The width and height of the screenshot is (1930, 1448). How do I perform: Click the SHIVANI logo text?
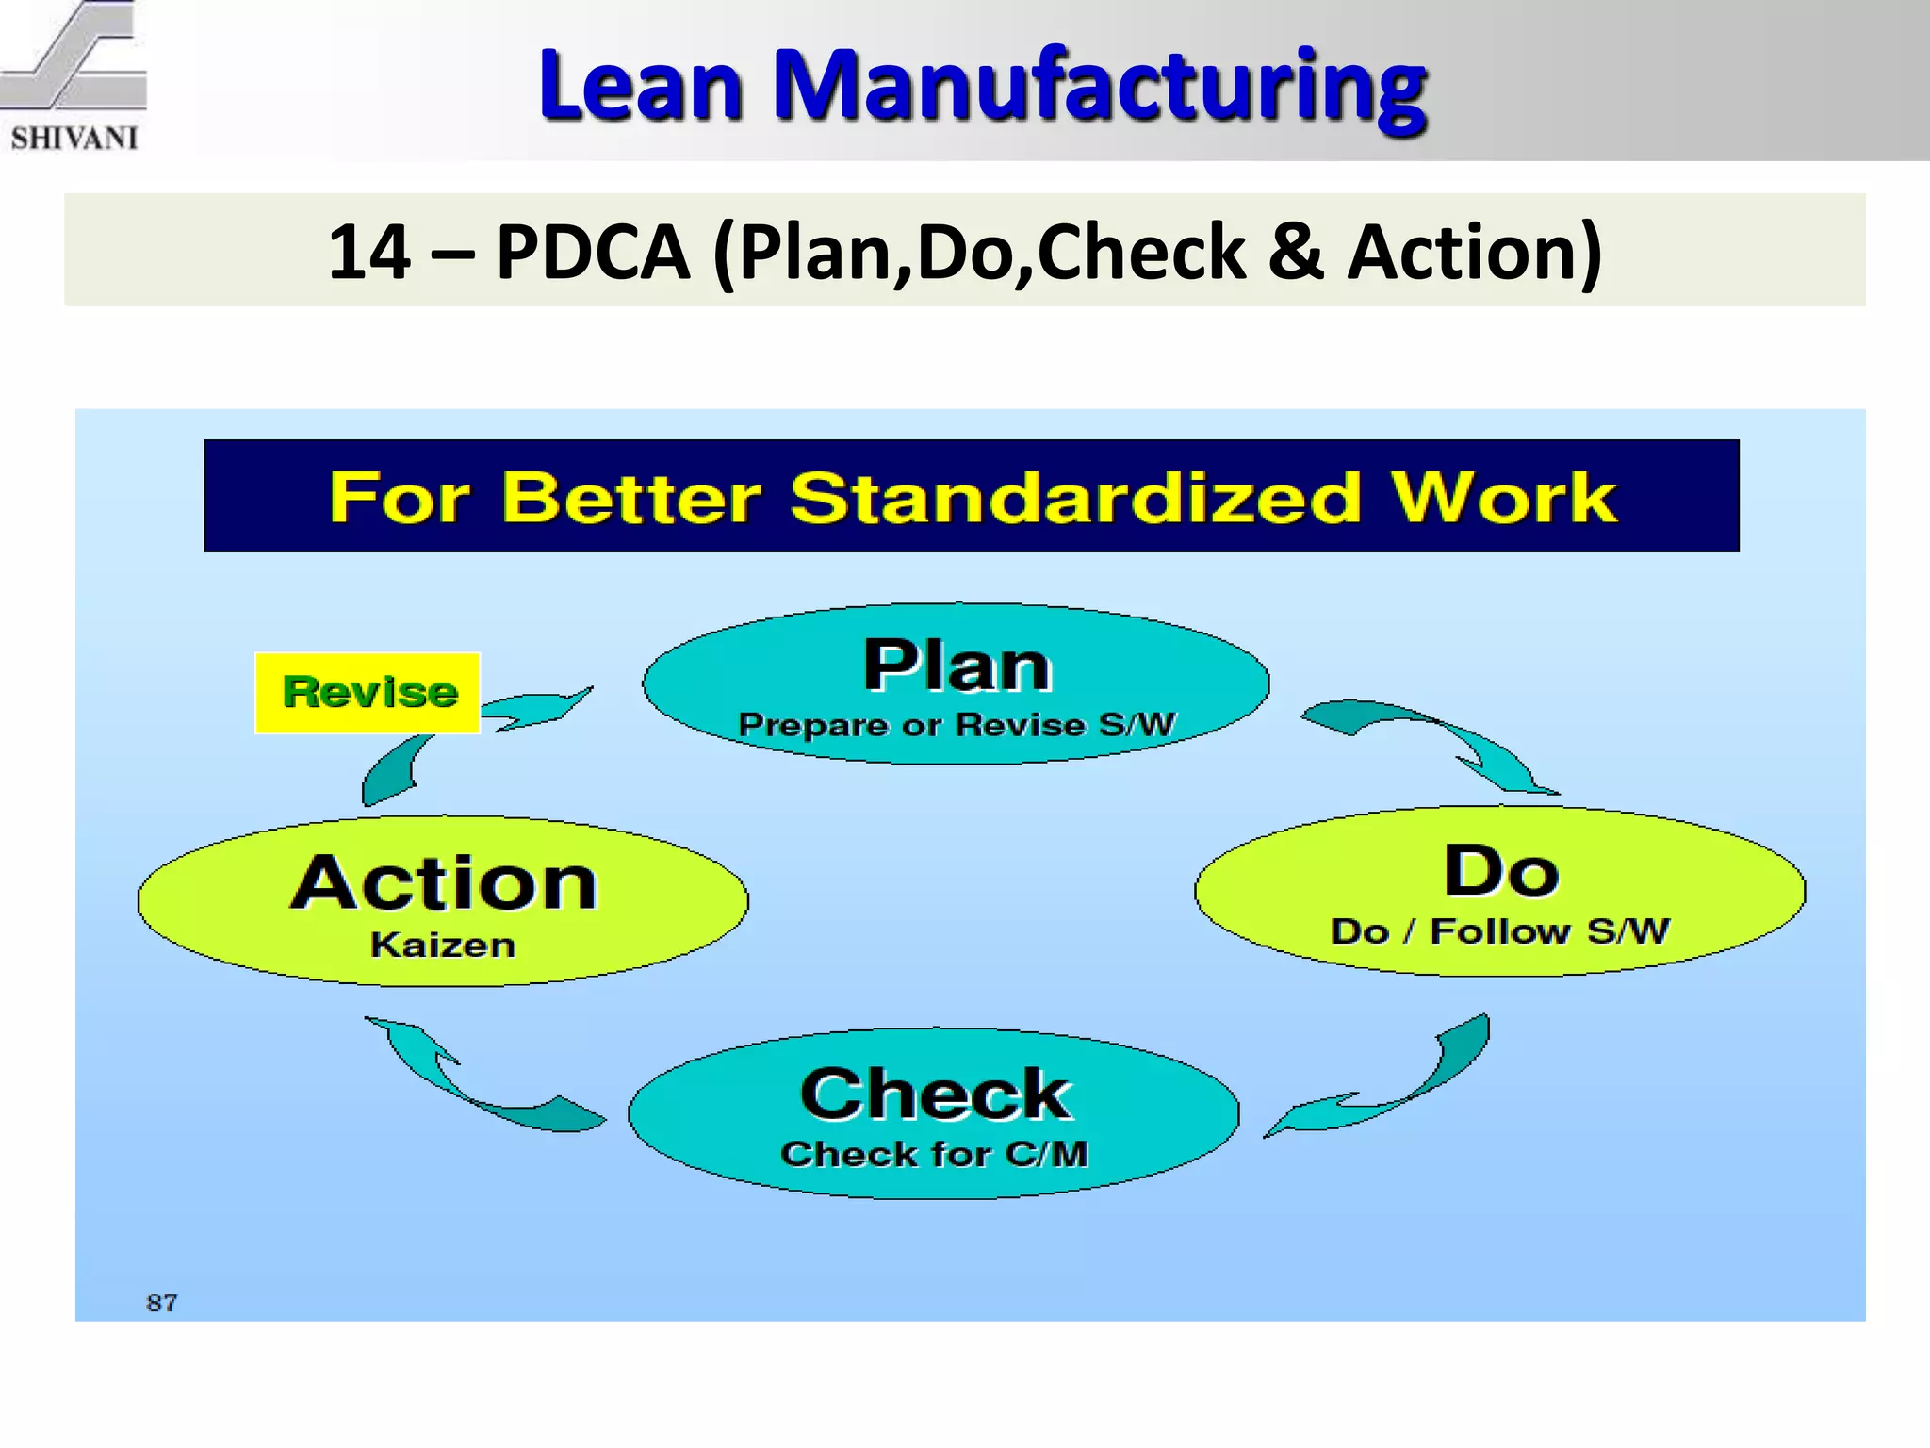click(x=74, y=139)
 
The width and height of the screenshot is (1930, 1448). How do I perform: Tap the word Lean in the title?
click(x=641, y=87)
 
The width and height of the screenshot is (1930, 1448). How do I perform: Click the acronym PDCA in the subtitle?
click(x=593, y=252)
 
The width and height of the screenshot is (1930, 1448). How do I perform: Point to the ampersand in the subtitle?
click(x=1296, y=252)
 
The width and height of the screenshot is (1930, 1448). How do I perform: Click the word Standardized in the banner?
click(x=1075, y=498)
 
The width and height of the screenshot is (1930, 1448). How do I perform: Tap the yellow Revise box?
click(x=368, y=693)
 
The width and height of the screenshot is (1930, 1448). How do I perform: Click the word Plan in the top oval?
click(x=957, y=666)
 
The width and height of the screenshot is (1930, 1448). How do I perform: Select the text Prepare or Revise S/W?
click(x=957, y=725)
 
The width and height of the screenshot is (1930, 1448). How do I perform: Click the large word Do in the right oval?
click(x=1500, y=871)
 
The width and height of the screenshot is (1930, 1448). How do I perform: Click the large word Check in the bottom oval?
click(x=936, y=1094)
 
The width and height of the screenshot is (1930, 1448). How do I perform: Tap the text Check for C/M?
click(x=934, y=1154)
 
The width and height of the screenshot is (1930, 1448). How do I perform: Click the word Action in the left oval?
click(x=444, y=883)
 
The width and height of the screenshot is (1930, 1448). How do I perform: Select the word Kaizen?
click(x=443, y=945)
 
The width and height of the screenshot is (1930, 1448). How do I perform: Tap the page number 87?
click(x=162, y=1303)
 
